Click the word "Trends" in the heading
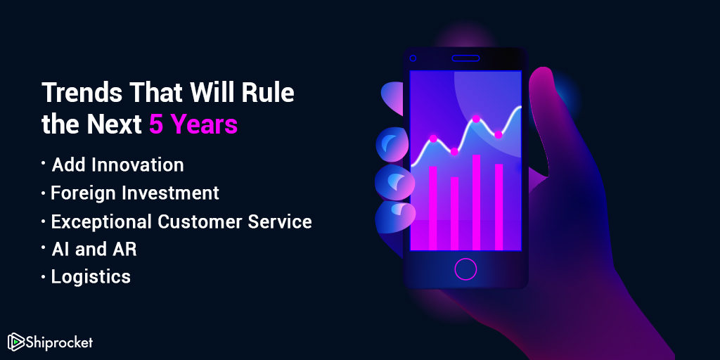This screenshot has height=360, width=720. coord(82,93)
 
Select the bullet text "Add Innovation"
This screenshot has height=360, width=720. coord(117,165)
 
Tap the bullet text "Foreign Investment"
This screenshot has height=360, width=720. coord(135,193)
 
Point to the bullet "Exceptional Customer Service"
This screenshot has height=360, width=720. coord(181,221)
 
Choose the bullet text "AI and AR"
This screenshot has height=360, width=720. coord(94,250)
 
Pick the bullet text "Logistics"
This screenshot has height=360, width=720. coord(91,277)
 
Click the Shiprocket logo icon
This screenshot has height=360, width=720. coord(15,342)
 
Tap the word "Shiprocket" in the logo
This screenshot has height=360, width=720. coord(58,342)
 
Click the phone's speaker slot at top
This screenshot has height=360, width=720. coord(465,58)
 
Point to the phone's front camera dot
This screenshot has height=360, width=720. coord(413,58)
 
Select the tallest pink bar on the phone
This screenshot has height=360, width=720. coord(476,202)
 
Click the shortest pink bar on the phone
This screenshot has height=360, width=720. coord(454,214)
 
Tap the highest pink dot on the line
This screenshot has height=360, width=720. coord(476,119)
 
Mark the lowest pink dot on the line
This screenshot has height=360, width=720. coord(454,152)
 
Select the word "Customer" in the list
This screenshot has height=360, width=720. coord(200,221)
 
